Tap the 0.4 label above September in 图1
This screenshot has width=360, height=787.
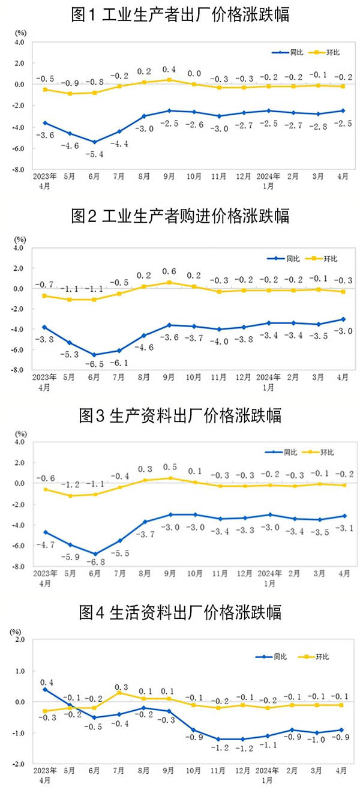point(170,69)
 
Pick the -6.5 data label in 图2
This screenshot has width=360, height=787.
point(94,364)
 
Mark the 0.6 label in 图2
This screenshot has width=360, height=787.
point(170,271)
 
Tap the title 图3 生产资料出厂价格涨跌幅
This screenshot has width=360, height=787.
point(180,415)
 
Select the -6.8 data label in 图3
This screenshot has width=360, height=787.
point(94,564)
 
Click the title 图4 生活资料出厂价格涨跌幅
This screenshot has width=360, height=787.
point(180,612)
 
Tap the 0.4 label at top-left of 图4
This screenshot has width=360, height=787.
point(46,683)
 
